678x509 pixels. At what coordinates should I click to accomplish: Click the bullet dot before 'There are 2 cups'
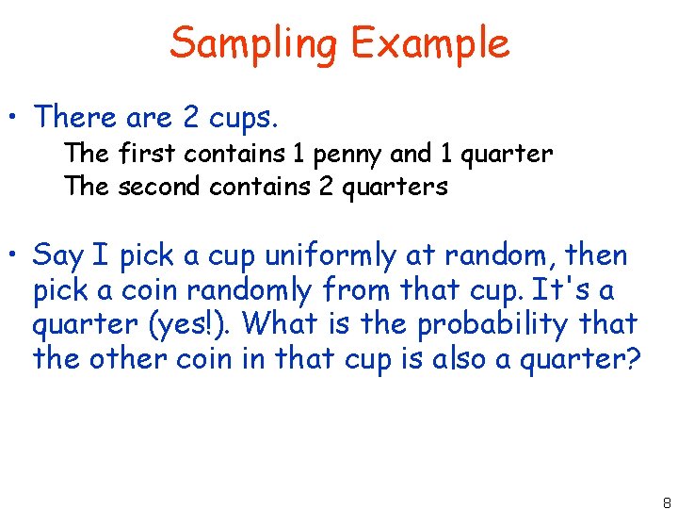pos(16,120)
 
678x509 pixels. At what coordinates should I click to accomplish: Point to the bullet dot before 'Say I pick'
pos(16,255)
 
